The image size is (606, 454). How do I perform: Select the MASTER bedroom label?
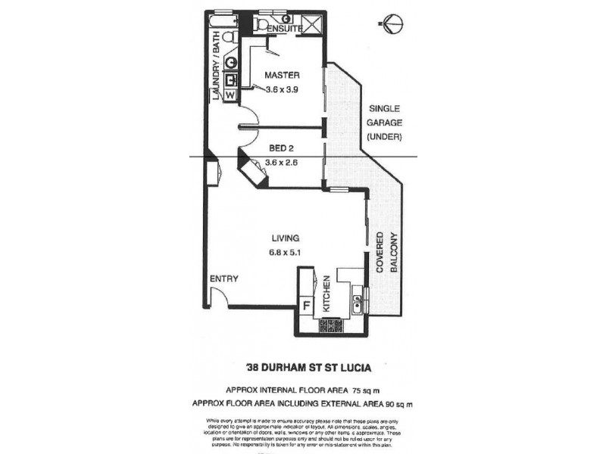point(282,76)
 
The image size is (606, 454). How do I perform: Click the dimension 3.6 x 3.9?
point(282,89)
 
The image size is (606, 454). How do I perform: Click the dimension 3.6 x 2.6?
point(282,162)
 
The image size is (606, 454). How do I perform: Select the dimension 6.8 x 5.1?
point(285,253)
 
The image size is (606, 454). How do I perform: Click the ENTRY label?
point(224,279)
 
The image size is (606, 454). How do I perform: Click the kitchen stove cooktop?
point(331,327)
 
